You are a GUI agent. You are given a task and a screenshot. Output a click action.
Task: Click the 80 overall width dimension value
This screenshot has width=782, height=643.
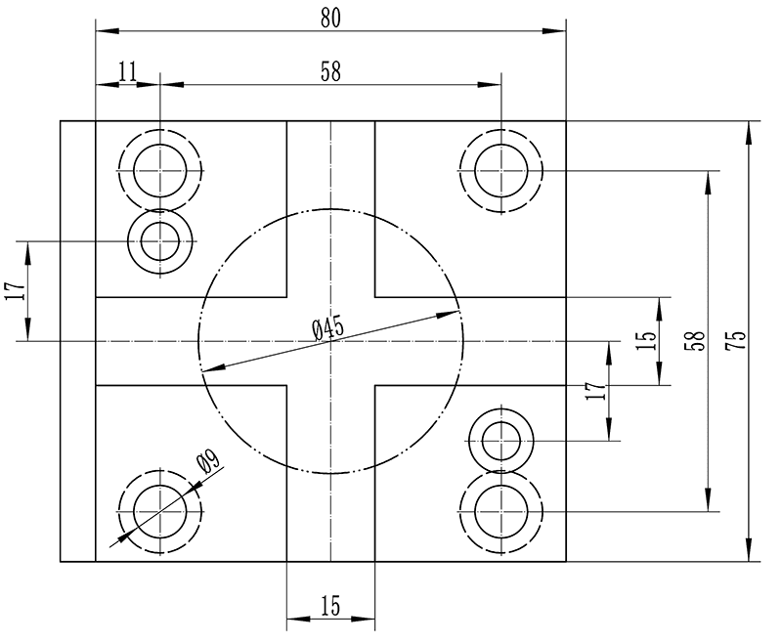pyautogui.click(x=330, y=17)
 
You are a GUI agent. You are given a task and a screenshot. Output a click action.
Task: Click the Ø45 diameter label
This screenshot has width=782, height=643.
pyautogui.click(x=328, y=329)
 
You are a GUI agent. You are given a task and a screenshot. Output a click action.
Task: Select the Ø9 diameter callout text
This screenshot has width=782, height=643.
pyautogui.click(x=206, y=462)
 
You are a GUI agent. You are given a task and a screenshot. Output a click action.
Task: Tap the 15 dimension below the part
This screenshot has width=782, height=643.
pyautogui.click(x=330, y=606)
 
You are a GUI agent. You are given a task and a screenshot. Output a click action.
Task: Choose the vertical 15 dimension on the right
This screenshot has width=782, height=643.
pyautogui.click(x=645, y=340)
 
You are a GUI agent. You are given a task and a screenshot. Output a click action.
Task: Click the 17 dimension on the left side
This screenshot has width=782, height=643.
pyautogui.click(x=13, y=291)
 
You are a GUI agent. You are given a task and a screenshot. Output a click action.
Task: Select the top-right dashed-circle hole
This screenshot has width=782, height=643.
pyautogui.click(x=501, y=170)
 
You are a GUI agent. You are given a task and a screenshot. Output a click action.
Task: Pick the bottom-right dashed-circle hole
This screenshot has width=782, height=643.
pyautogui.click(x=501, y=511)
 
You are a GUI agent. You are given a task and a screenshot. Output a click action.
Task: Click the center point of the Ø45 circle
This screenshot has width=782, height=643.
pyautogui.click(x=330, y=340)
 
